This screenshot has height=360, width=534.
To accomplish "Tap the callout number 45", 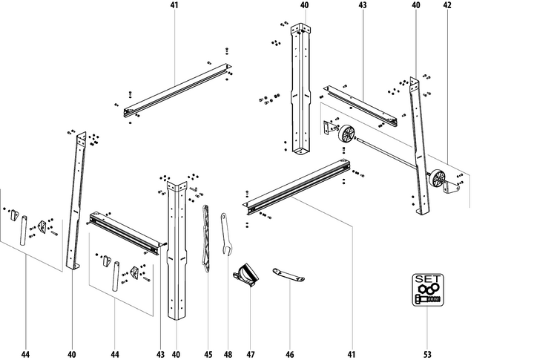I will coord(208,355).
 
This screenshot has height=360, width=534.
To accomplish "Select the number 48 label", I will coord(228,355).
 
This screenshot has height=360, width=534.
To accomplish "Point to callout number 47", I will coord(251,355).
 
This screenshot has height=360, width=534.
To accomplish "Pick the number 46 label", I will coord(291,355).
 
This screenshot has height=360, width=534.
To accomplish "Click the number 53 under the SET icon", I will coord(427,355).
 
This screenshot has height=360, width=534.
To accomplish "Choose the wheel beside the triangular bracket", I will coord(438,179).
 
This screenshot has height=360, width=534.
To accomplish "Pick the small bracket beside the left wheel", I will coord(329,128).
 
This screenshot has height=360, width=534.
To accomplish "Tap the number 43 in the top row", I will coord(363,5).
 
